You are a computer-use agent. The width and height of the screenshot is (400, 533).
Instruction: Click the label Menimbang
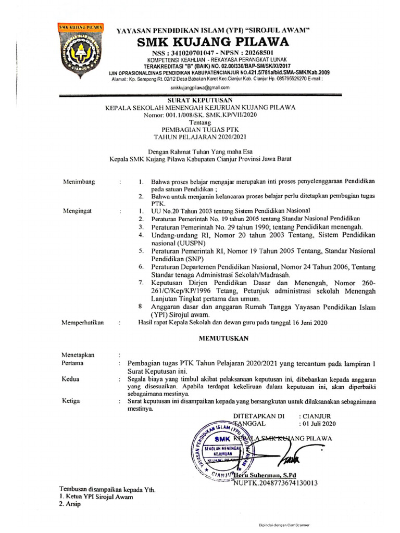point(79,182)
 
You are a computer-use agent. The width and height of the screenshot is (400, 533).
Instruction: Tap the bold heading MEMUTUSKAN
point(224,338)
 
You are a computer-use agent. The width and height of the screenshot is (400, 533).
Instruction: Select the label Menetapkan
point(78,355)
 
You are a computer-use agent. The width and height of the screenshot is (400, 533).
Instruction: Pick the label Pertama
point(73,363)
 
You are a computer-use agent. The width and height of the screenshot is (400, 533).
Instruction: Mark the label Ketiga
point(71,402)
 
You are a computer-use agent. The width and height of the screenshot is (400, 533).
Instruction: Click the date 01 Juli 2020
point(320,424)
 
